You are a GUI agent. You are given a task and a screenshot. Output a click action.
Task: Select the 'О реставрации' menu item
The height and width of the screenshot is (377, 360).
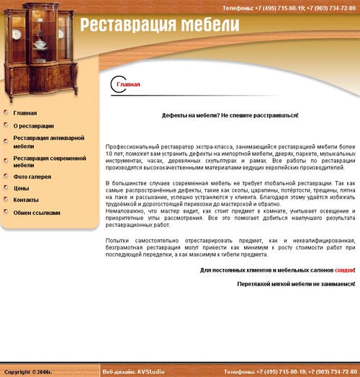point(34,125)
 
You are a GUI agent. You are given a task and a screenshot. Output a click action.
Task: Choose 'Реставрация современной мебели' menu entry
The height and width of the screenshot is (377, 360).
point(50,161)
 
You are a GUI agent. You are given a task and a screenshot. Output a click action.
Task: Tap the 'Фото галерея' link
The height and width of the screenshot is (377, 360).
point(32,176)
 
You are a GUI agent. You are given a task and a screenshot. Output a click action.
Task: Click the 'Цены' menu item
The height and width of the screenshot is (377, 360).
point(21,188)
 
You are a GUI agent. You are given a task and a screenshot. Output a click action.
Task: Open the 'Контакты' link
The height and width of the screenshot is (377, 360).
point(26,200)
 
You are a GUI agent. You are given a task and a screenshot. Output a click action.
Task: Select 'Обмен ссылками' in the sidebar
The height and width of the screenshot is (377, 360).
point(37,213)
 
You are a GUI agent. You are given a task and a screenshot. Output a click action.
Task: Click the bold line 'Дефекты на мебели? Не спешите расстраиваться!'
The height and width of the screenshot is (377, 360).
point(230,115)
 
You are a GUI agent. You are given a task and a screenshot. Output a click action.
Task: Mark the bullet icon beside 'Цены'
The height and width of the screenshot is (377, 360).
point(6,187)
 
